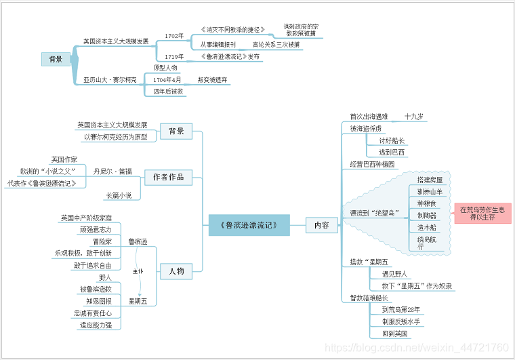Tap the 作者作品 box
(169, 177)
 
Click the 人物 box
(176, 271)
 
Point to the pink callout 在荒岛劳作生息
(482, 214)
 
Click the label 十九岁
(414, 117)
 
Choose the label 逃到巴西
(392, 153)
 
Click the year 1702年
(174, 35)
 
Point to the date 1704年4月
(167, 80)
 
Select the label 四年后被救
(168, 91)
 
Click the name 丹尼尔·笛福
(113, 171)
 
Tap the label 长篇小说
(119, 195)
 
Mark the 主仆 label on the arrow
(138, 271)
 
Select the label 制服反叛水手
(401, 321)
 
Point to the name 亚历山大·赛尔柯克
(110, 80)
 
